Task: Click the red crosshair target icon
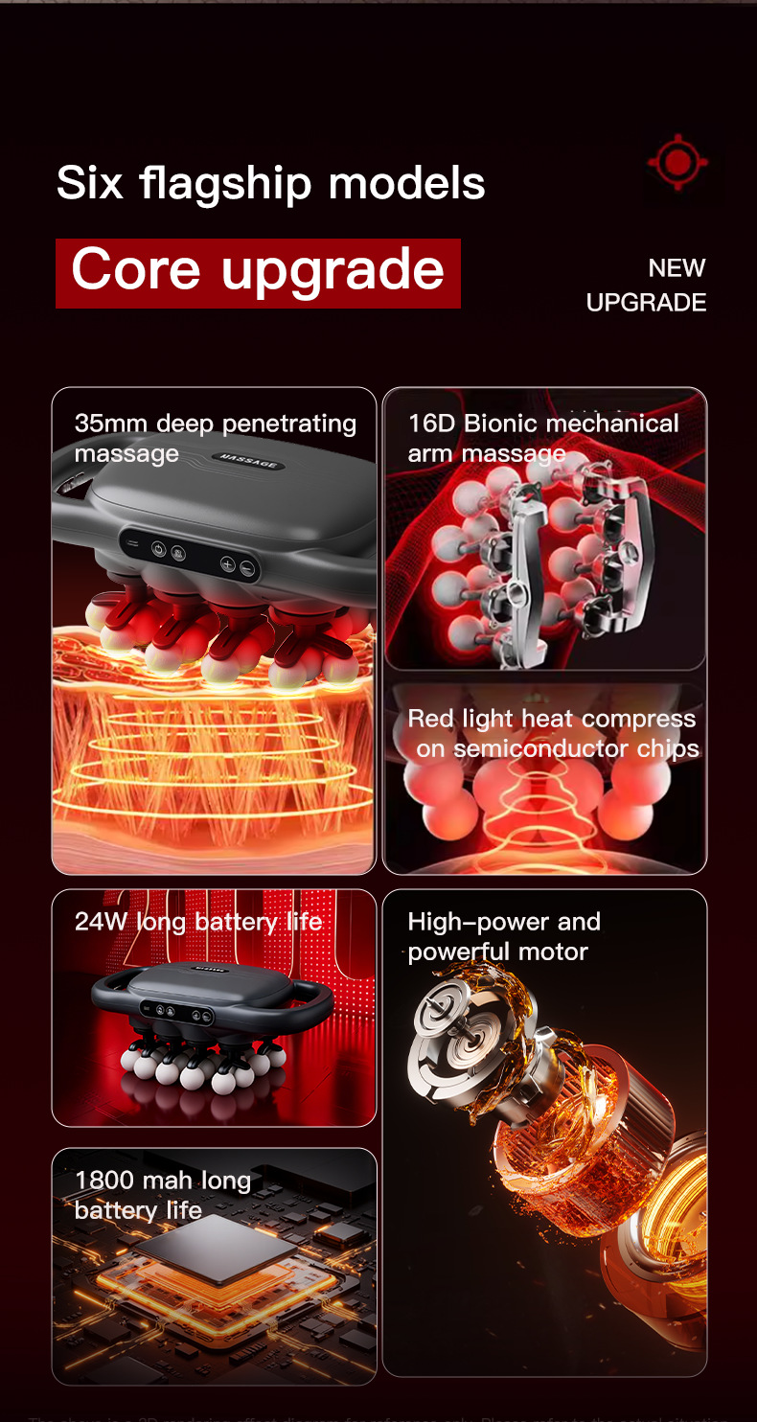677,162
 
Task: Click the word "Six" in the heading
90,182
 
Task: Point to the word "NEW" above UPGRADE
677,268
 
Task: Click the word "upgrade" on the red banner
333,271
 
